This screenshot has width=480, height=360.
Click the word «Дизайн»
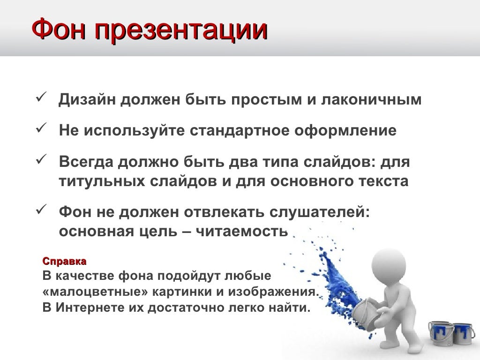tap(88, 101)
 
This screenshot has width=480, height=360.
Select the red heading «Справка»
tap(65, 261)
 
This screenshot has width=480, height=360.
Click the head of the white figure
tap(385, 262)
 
